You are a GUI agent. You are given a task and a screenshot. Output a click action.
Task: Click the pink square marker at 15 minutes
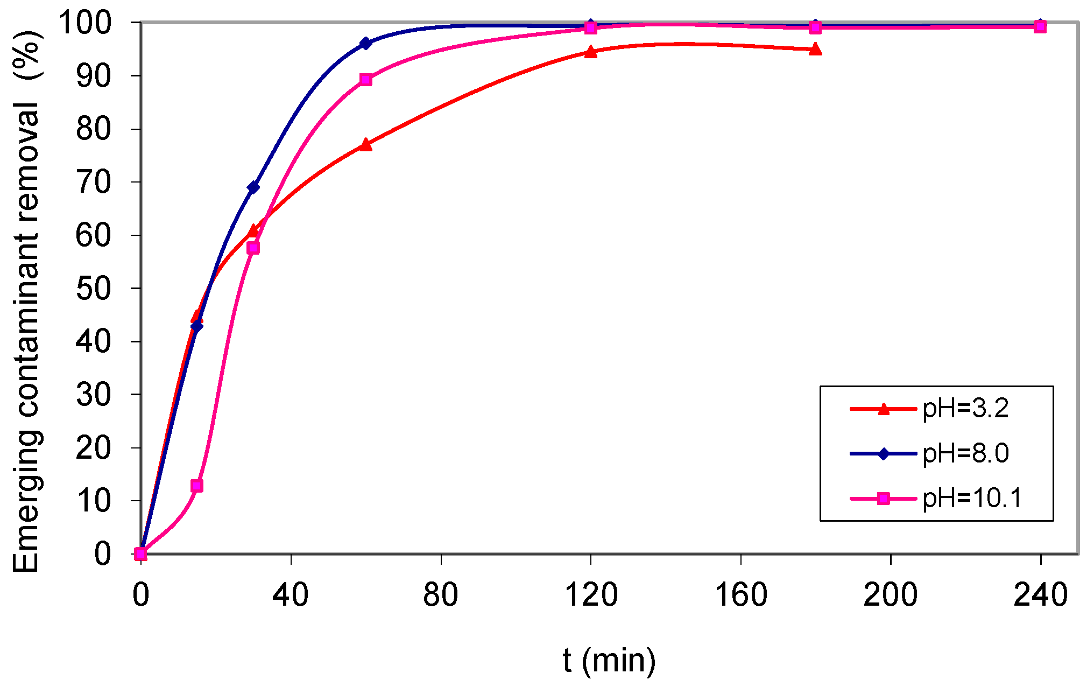197,486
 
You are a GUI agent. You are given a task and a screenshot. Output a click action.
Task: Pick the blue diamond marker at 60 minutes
365,43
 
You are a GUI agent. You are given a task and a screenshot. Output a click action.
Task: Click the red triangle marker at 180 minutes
815,49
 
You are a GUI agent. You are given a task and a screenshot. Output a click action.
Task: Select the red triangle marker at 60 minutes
365,144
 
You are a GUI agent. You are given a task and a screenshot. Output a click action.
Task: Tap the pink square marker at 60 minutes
365,80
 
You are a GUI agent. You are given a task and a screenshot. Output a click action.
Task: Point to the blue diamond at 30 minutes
253,187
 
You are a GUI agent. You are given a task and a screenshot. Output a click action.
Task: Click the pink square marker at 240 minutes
1040,27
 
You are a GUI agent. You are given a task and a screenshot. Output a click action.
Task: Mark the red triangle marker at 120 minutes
590,52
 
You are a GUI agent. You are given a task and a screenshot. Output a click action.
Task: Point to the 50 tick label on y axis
93,288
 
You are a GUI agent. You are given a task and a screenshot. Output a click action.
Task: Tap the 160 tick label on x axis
740,595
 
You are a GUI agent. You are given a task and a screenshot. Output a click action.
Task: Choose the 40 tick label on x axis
291,595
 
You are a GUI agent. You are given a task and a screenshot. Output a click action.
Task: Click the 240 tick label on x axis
1040,595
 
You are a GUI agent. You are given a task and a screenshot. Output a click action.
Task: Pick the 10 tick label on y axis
93,501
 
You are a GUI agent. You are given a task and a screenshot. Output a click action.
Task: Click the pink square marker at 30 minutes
253,248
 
